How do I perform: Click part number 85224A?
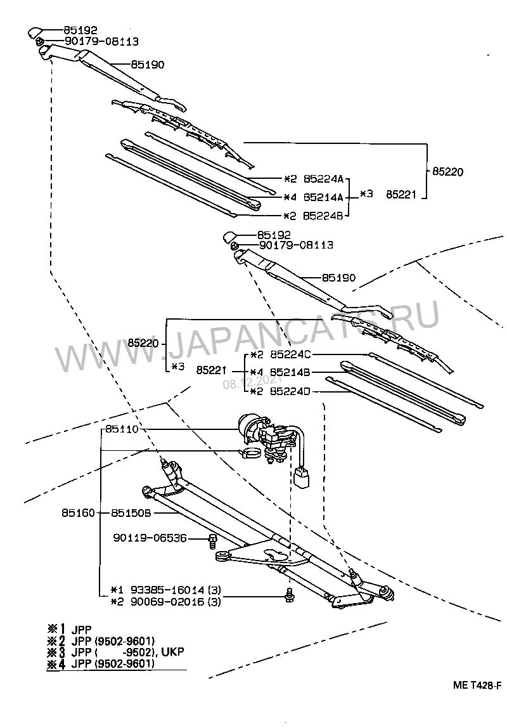pos(323,179)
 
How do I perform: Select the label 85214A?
pos(323,197)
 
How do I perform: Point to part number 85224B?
pos(323,216)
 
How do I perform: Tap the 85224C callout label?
pos(290,354)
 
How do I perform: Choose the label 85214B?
pos(290,372)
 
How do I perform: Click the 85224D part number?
pos(290,391)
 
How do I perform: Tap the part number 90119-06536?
pos(150,538)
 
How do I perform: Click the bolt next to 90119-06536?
pos(212,541)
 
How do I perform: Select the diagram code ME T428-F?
pos(477,686)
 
